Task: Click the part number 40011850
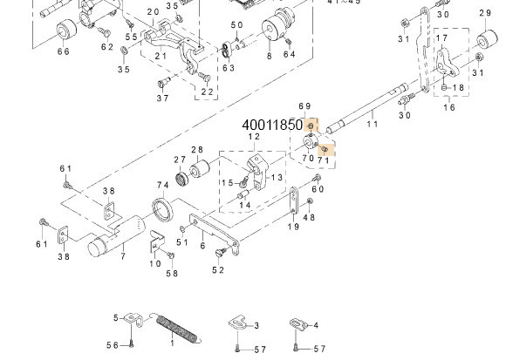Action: (x=272, y=126)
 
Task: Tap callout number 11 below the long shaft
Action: (x=373, y=125)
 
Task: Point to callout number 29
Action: (x=485, y=13)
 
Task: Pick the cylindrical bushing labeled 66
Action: (x=65, y=33)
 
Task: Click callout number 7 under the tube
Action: (x=123, y=255)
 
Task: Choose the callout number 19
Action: (x=293, y=227)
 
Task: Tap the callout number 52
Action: (x=216, y=270)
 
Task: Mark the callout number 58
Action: (x=172, y=274)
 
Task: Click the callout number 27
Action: (x=179, y=160)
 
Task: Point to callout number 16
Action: (x=449, y=108)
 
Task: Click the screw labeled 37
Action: (x=162, y=83)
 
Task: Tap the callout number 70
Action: (x=307, y=159)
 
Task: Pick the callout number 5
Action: (x=115, y=316)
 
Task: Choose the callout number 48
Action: (x=310, y=217)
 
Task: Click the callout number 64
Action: (x=289, y=55)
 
